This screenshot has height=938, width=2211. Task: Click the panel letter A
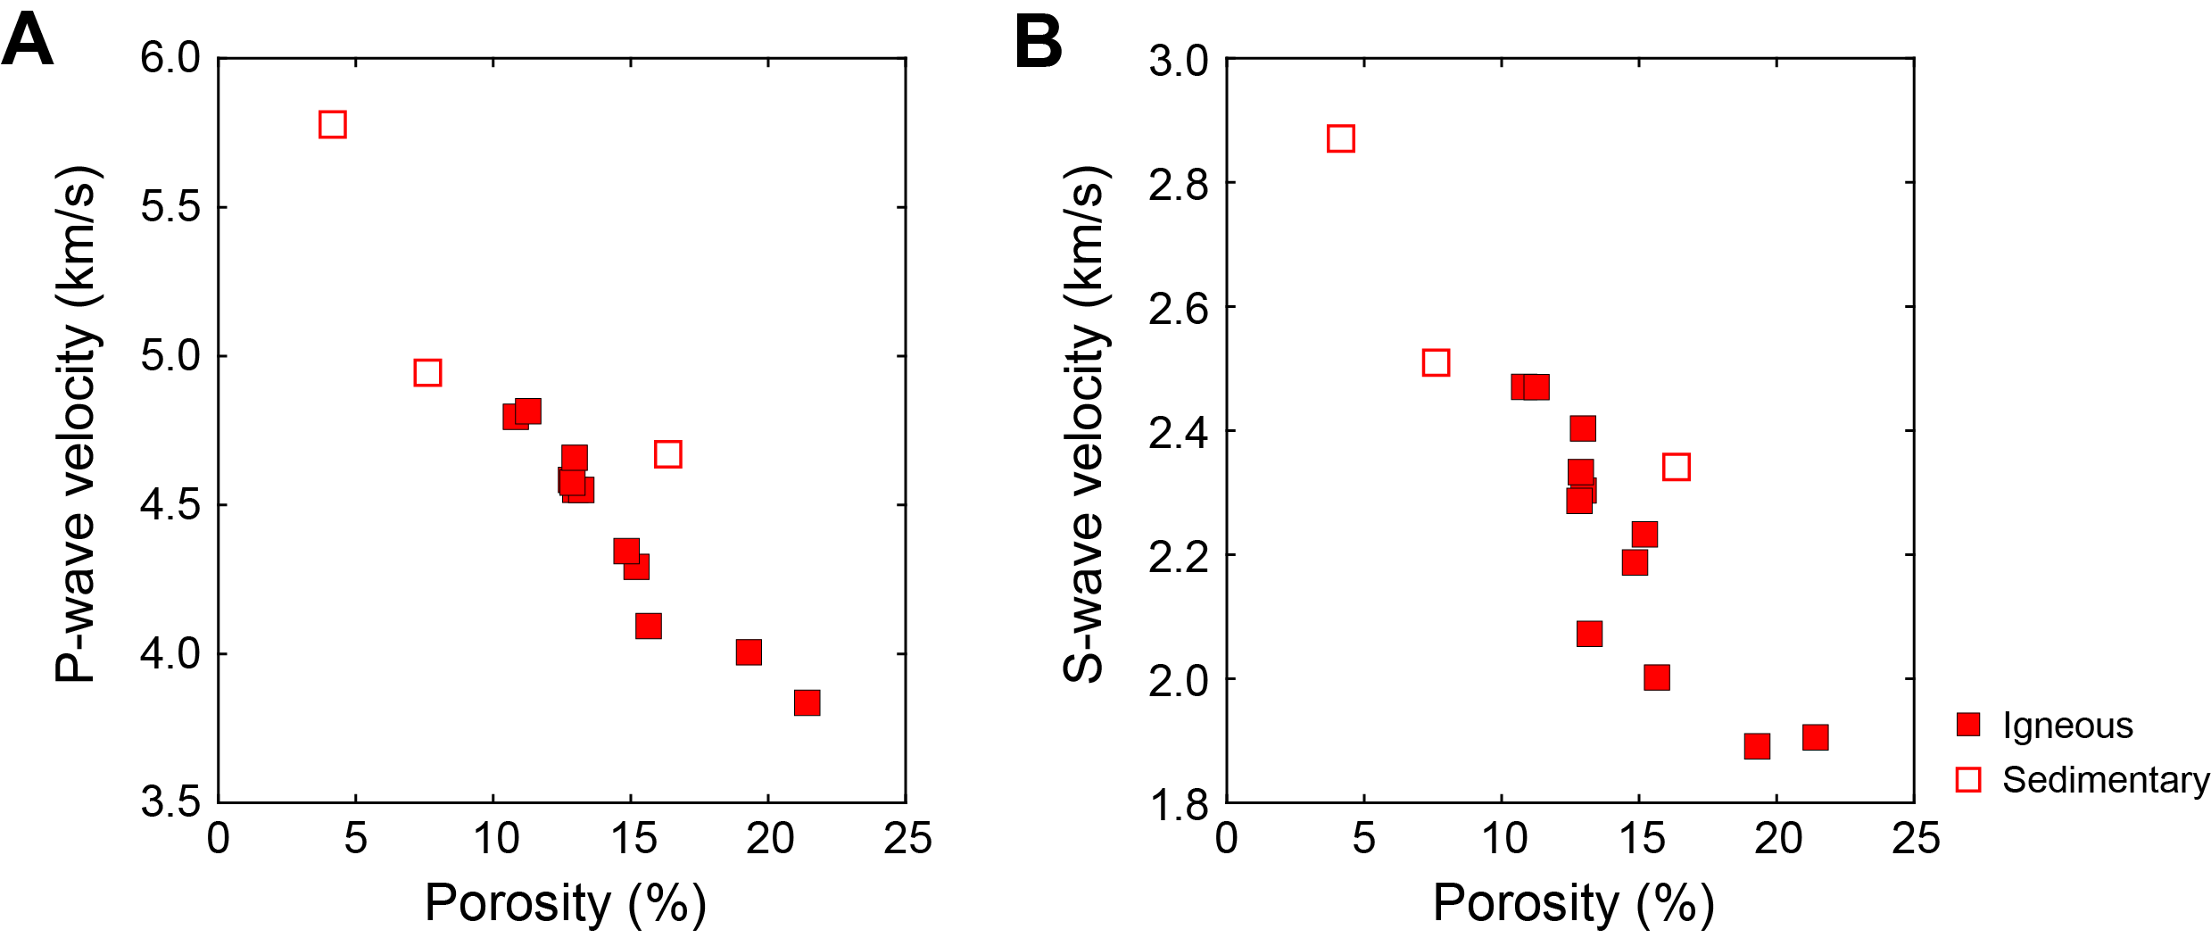[28, 41]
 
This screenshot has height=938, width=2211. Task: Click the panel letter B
[1039, 41]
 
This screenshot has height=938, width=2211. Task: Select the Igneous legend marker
[1967, 724]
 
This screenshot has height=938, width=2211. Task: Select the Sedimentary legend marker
[1967, 780]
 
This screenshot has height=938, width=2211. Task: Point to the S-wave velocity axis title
[1084, 424]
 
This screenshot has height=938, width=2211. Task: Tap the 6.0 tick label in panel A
[170, 58]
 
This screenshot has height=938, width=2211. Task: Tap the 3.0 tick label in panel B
[1179, 62]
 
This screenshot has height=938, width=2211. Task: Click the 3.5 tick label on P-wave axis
[170, 801]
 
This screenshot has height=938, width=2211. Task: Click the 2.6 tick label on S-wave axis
[1179, 309]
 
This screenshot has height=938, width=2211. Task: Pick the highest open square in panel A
[332, 124]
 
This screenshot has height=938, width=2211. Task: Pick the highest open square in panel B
[1340, 138]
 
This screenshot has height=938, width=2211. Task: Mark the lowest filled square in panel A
[807, 702]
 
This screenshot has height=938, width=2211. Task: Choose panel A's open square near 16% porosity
[667, 454]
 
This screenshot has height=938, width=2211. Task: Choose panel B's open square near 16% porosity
[1676, 467]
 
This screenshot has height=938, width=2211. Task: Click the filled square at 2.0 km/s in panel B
[1656, 677]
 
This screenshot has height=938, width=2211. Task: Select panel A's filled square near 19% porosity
[749, 652]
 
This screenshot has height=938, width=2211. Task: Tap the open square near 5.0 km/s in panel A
[427, 372]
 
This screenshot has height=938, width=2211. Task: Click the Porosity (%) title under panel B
[1573, 903]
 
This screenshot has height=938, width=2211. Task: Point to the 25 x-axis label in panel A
[907, 839]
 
